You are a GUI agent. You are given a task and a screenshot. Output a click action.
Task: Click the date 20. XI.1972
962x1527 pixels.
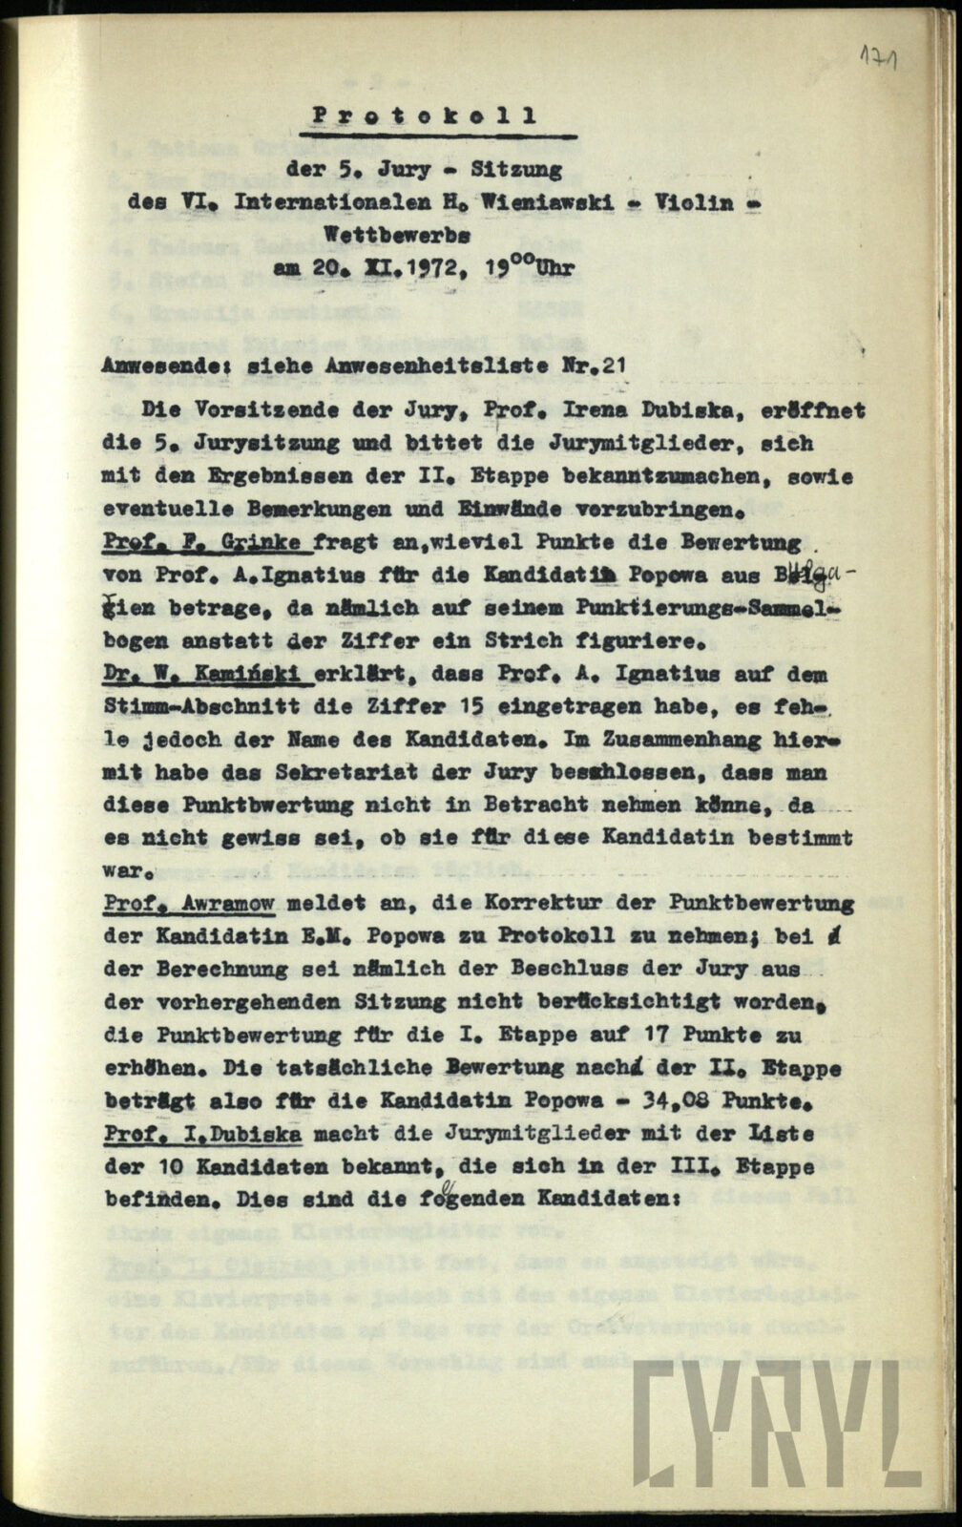(x=404, y=268)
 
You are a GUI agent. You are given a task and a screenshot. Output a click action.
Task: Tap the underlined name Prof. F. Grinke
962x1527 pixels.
(x=207, y=543)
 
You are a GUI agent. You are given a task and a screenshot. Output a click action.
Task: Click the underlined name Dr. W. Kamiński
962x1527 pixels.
(x=207, y=675)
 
